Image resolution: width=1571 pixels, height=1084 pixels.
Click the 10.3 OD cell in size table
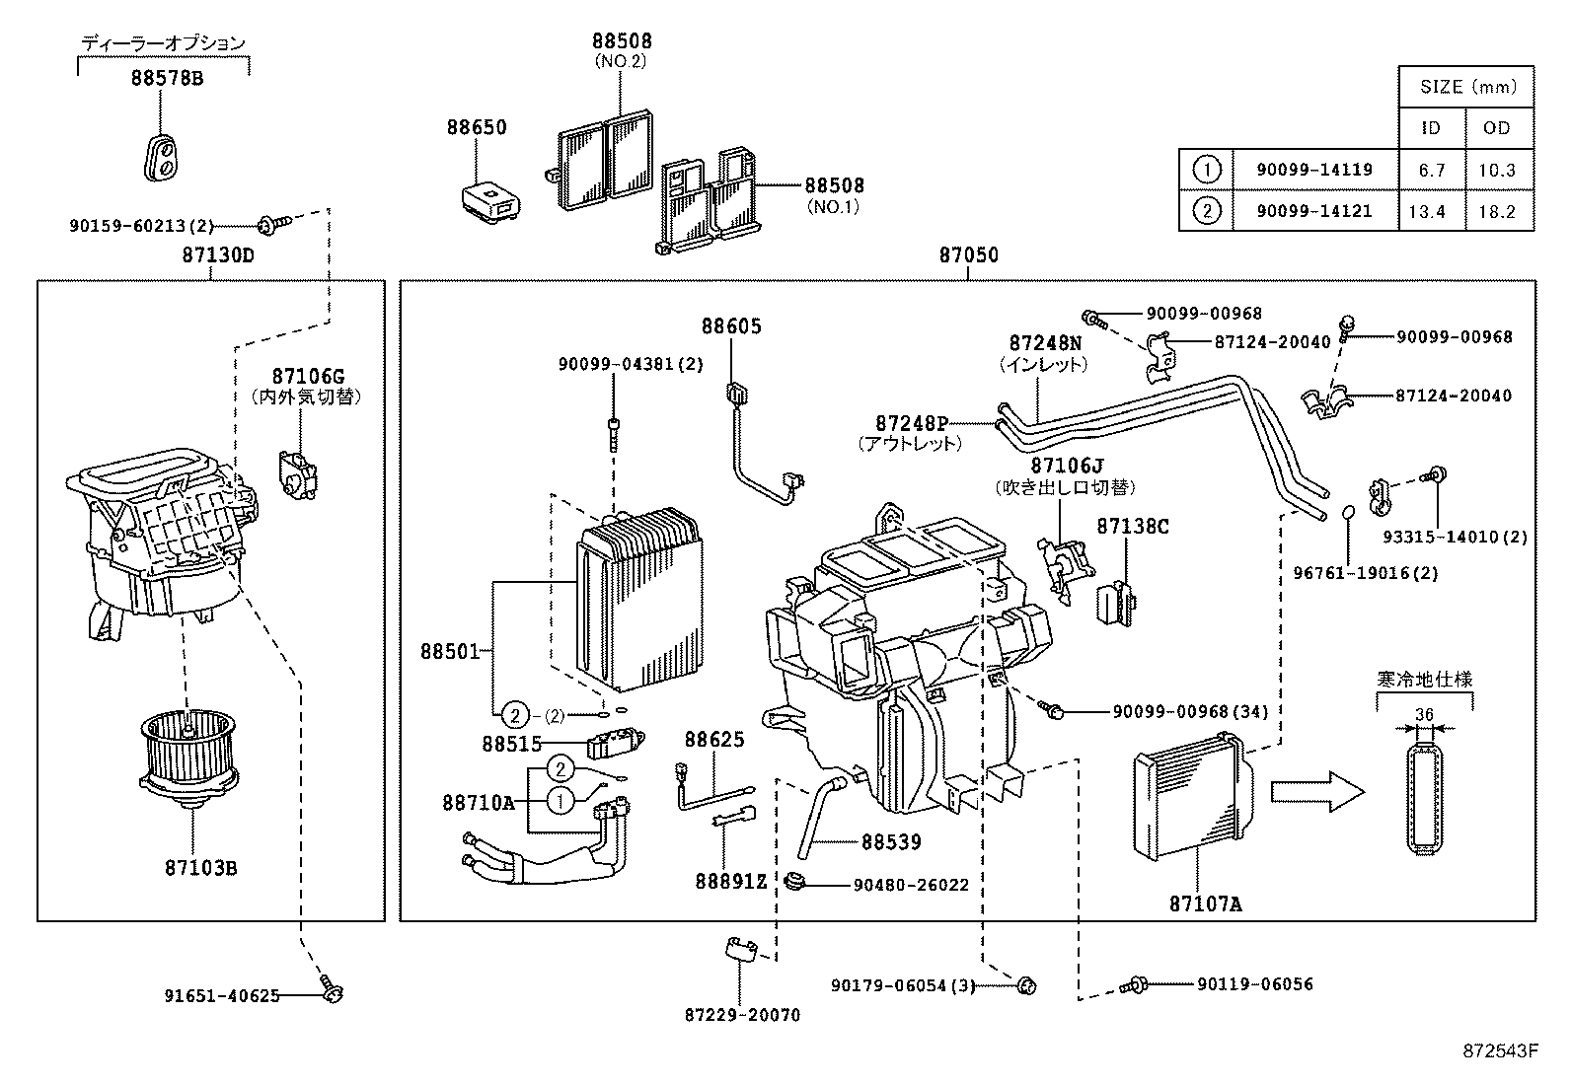pos(1496,170)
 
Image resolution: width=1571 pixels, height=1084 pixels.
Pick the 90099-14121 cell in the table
pos(1314,211)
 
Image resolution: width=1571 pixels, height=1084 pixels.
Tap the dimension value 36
pos(1423,715)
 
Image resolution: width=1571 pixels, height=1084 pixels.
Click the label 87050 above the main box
pos(968,255)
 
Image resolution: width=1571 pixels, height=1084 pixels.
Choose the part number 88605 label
pos(731,326)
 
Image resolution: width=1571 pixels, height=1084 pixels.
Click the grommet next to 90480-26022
pos(796,880)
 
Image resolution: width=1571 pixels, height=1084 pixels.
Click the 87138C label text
pos(1132,527)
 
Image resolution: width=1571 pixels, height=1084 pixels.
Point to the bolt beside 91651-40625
pos(330,986)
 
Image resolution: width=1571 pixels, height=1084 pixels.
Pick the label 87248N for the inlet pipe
pos(1044,343)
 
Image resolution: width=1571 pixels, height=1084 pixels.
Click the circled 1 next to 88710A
pos(560,802)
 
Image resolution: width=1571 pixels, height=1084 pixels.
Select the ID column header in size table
pos(1430,128)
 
